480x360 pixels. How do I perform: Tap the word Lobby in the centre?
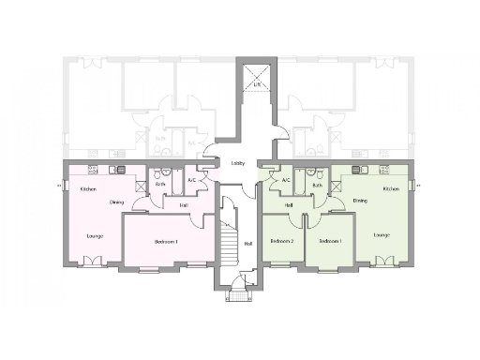coord(238,163)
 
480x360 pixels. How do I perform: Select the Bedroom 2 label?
coord(281,241)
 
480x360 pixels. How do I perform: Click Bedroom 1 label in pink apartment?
coord(166,242)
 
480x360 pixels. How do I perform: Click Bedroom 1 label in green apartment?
coord(329,241)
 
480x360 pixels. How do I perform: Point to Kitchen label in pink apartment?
coord(88,189)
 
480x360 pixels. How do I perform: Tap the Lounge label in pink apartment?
coord(94,234)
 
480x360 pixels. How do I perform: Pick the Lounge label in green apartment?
coord(381,233)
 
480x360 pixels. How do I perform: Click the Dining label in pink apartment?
coord(116,201)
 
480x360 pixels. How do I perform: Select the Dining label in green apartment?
coord(360,200)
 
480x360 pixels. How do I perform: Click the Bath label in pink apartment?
coord(160,185)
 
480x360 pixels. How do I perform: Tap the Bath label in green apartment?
coord(317,186)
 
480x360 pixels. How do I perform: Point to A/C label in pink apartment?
coord(192,179)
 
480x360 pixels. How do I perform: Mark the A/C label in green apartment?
coord(285,179)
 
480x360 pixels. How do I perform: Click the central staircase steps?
coord(225,238)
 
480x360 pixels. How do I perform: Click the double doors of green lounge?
coord(382,262)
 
